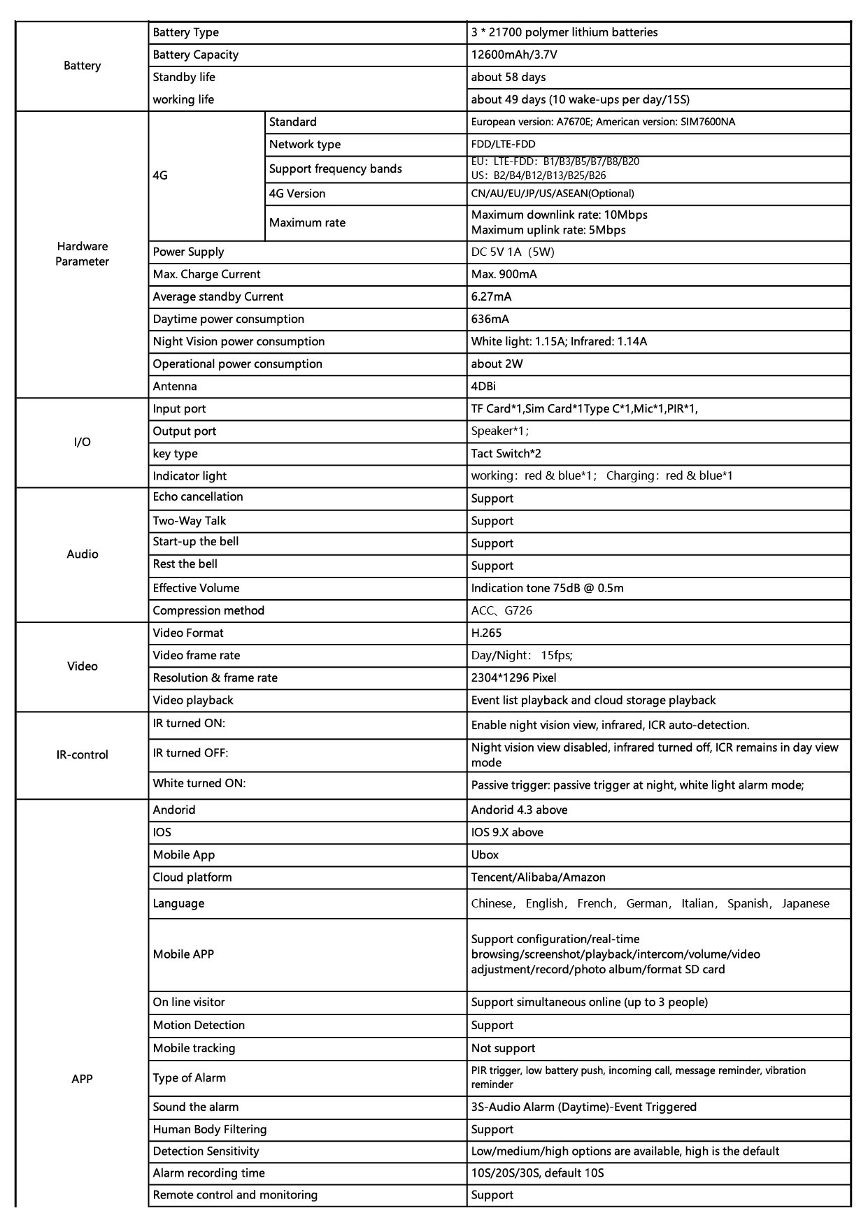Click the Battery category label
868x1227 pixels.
(82, 66)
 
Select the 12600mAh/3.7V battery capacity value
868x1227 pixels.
(514, 55)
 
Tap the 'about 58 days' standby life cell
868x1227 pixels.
(508, 77)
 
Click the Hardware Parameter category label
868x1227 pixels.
(82, 254)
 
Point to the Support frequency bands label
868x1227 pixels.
(335, 168)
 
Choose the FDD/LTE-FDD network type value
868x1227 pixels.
(503, 145)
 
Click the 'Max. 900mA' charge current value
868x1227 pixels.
(504, 274)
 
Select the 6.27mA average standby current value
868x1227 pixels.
(491, 296)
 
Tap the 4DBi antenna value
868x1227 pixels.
(483, 386)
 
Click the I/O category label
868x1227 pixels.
(82, 442)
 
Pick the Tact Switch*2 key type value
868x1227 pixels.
(506, 454)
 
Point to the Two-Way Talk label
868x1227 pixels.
(189, 521)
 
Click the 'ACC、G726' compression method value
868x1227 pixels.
(501, 610)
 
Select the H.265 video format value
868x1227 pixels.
(486, 633)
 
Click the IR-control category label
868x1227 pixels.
(82, 755)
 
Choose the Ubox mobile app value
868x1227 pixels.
(485, 854)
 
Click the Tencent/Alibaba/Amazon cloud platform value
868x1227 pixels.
(538, 877)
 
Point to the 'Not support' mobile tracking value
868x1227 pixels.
(503, 1048)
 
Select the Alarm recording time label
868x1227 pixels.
(208, 1172)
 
